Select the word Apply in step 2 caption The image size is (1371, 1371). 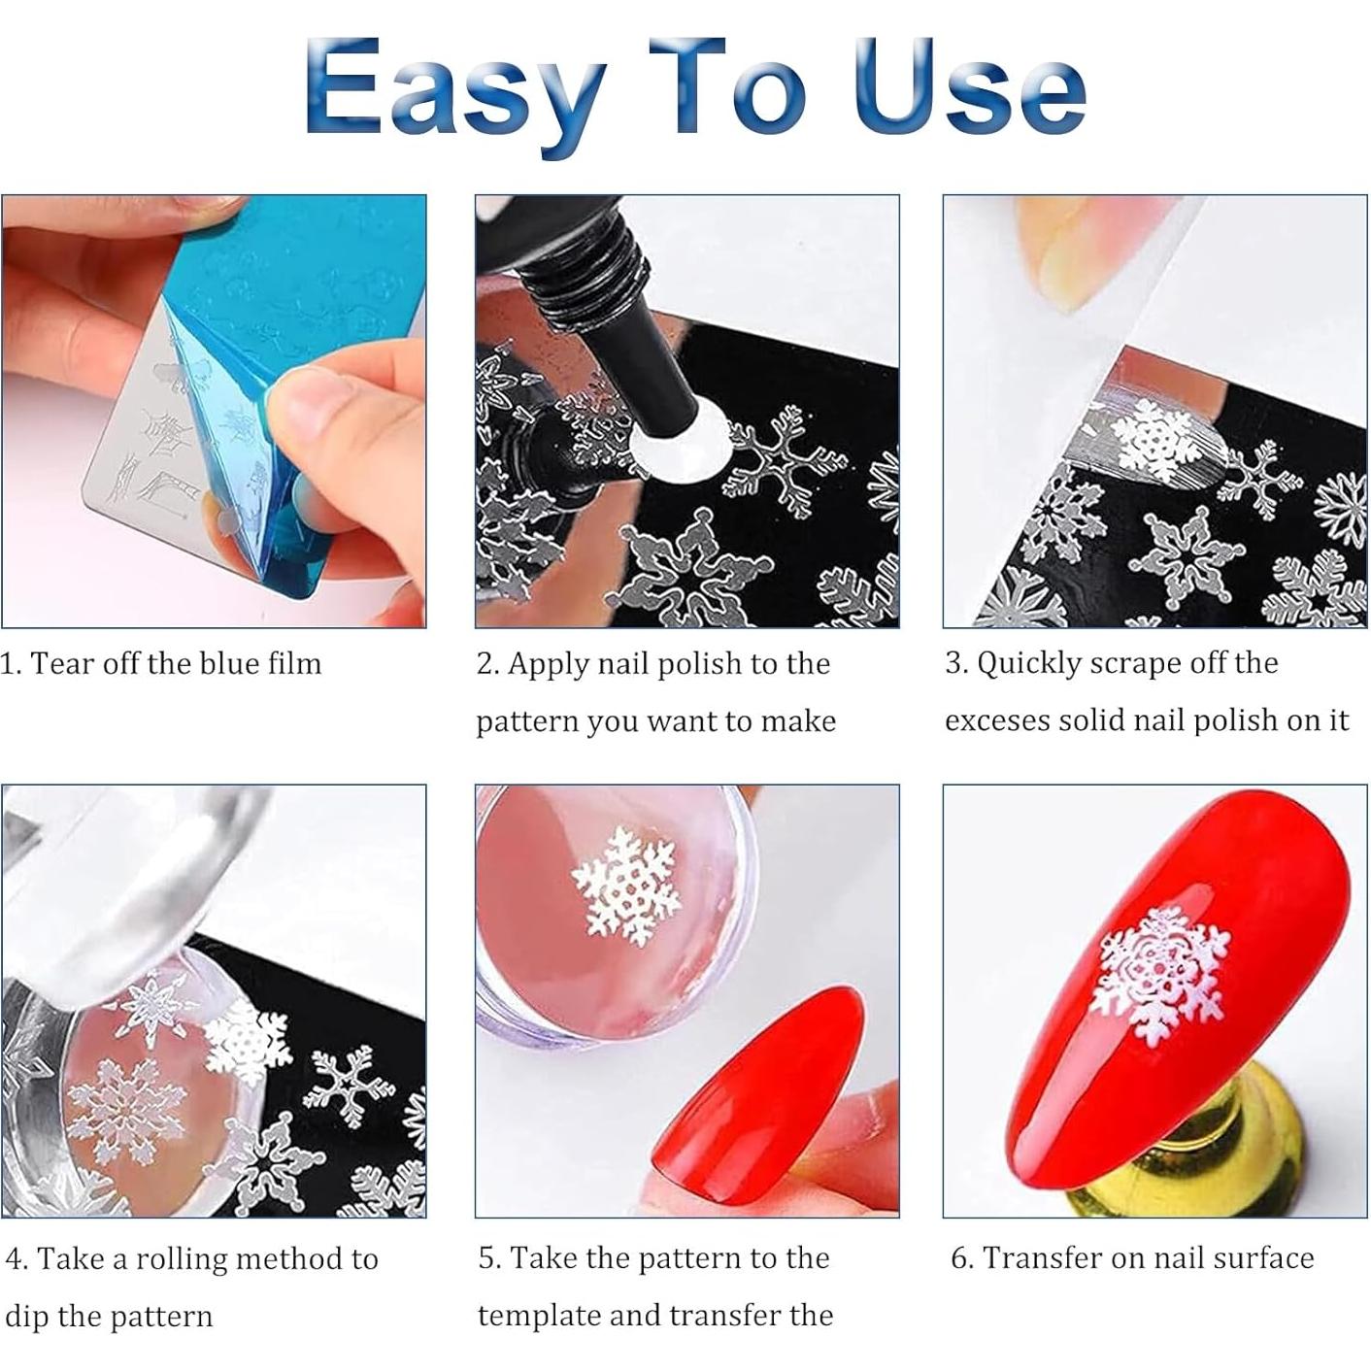[x=549, y=664]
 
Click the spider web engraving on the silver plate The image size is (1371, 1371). [x=166, y=428]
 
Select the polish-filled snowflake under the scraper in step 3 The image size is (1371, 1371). [x=1155, y=443]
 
